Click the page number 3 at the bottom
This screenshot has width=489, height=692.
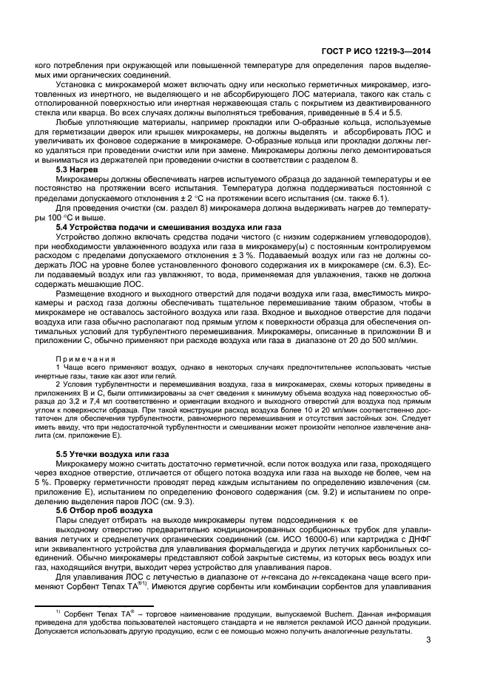pyautogui.click(x=428, y=641)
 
